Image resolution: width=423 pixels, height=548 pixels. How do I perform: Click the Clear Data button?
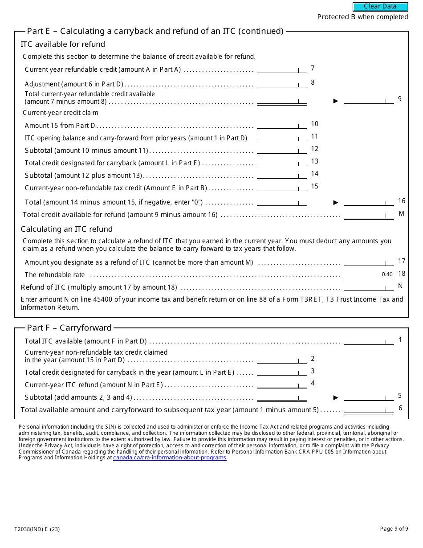pos(380,7)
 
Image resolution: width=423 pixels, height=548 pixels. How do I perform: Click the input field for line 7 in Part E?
pos(282,69)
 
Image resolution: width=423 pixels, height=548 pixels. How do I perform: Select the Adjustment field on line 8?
pos(282,83)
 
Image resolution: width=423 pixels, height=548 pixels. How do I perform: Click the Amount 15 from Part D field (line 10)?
pos(282,125)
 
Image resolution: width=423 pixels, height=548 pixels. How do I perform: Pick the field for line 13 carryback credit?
pos(282,163)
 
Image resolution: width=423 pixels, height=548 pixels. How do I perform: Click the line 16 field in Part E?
pos(369,202)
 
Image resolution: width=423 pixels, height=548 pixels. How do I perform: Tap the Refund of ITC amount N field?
pos(369,287)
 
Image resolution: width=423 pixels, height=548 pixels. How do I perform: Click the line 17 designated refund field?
pos(369,262)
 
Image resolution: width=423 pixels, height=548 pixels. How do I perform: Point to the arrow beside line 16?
pos(336,202)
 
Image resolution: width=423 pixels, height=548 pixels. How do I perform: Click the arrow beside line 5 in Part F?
pos(336,397)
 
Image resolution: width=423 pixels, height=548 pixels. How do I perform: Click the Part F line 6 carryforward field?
pos(369,409)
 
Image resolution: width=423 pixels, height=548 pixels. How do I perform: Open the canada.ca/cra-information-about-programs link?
pos(170,458)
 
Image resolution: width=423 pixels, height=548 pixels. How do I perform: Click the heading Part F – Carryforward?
pos(69,328)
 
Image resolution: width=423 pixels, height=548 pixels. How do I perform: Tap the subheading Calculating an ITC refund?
pos(67,229)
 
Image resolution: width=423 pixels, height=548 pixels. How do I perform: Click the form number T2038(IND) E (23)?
pos(37,529)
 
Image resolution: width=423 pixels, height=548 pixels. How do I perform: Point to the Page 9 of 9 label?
pos(394,529)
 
